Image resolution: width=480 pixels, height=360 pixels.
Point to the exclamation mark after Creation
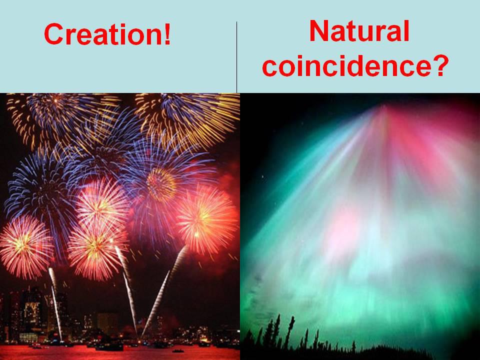(166, 34)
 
